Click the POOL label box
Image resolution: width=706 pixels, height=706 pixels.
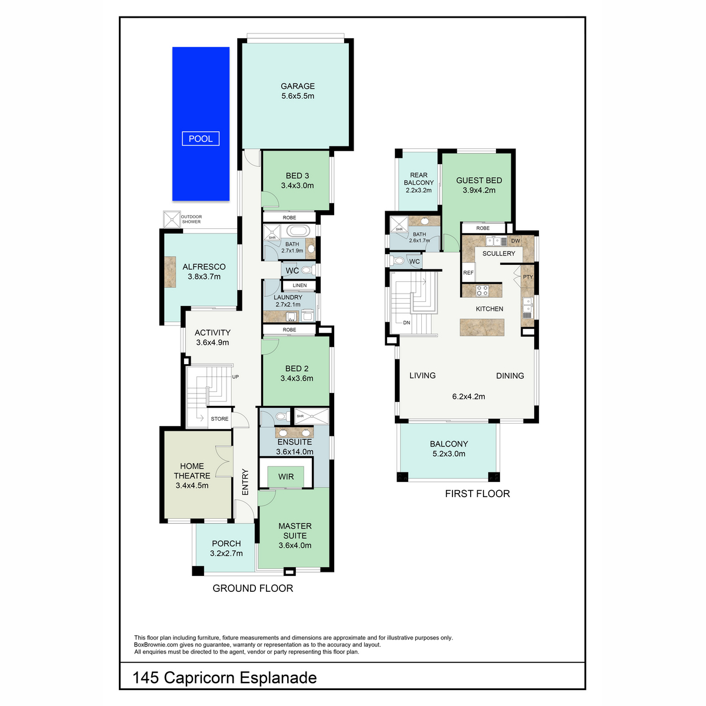tap(201, 138)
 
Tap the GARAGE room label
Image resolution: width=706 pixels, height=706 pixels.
tap(298, 86)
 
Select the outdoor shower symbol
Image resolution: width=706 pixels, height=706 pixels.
tap(171, 219)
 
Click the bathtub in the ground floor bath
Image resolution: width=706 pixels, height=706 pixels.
tap(298, 231)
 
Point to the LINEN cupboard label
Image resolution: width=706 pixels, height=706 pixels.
tap(299, 285)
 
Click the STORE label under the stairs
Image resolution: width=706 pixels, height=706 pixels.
tap(219, 418)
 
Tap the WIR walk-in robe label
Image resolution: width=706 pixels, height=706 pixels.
tap(286, 477)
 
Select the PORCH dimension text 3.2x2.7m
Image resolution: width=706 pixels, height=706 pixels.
tap(226, 553)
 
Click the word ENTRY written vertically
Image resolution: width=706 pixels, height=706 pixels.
tap(245, 482)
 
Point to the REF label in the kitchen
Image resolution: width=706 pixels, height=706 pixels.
tap(468, 272)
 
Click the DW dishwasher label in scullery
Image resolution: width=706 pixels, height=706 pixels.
tap(515, 241)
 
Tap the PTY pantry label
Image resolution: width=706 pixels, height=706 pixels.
tap(528, 277)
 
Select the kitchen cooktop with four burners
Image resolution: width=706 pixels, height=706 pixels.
tap(482, 291)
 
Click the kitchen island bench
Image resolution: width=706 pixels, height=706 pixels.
tap(482, 327)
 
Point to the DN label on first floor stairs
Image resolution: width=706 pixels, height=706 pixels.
tap(407, 323)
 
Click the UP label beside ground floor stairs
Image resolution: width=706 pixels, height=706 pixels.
tap(235, 377)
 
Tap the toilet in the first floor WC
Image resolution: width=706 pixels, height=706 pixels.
tap(397, 261)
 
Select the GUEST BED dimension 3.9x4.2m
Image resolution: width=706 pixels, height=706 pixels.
tap(479, 190)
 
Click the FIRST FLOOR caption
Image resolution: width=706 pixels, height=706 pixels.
tap(477, 494)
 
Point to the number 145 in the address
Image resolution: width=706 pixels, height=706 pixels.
tap(145, 677)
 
